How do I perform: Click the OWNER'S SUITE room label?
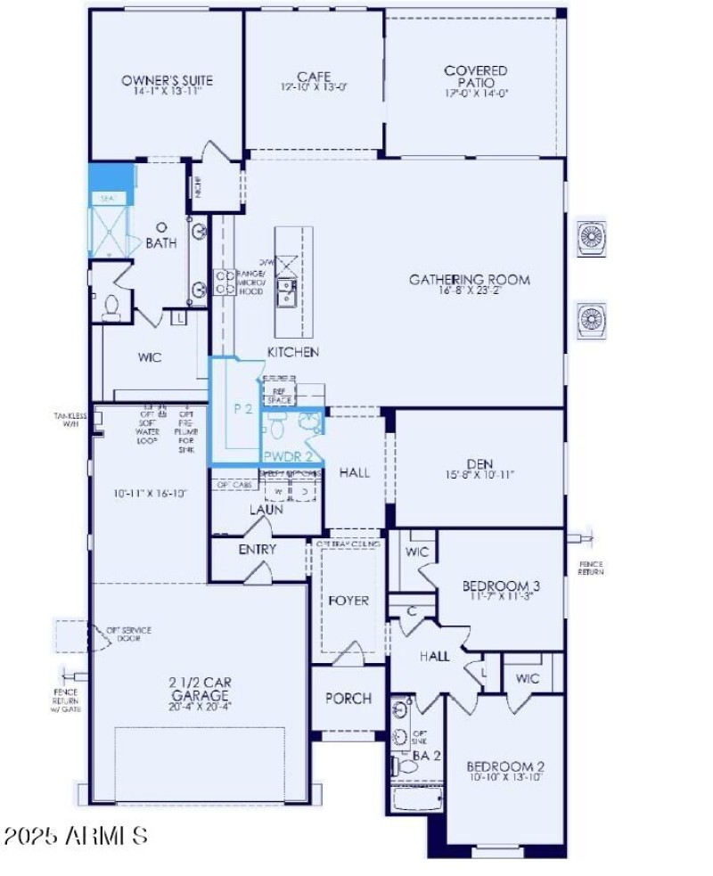[168, 81]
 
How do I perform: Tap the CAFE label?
[314, 78]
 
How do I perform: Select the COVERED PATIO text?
[476, 77]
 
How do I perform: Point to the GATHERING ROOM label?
[469, 280]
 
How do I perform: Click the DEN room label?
[479, 463]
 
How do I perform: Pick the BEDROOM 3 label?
[501, 586]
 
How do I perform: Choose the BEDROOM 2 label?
[505, 766]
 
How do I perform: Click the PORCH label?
[348, 699]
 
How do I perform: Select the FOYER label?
[348, 601]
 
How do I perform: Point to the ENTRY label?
[258, 550]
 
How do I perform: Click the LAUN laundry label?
[266, 510]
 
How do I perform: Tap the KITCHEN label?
[293, 352]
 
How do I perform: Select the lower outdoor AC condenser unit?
[591, 318]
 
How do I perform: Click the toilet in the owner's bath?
[111, 307]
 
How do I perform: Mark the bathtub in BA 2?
[415, 799]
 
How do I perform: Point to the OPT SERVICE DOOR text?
[129, 634]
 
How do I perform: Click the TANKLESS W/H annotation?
[70, 419]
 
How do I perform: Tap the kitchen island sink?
[287, 291]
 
